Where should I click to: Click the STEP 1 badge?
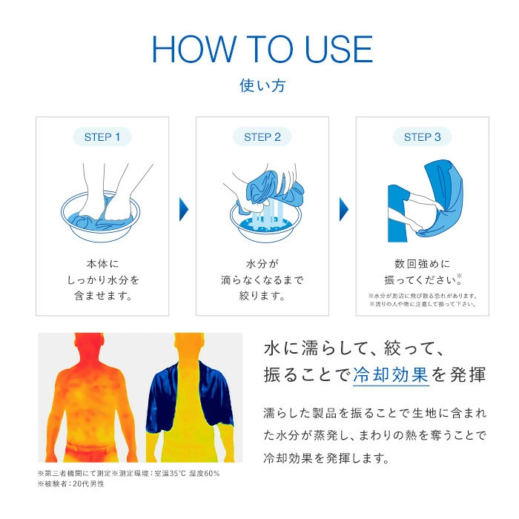pyautogui.click(x=102, y=136)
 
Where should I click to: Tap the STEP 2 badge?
pyautogui.click(x=262, y=136)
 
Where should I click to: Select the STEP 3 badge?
pyautogui.click(x=423, y=136)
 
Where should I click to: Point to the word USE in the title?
pyautogui.click(x=339, y=50)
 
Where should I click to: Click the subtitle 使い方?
pyautogui.click(x=262, y=85)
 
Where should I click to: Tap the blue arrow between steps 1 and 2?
pyautogui.click(x=184, y=210)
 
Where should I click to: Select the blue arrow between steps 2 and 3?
pyautogui.click(x=344, y=210)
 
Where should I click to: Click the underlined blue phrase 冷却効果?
pyautogui.click(x=391, y=375)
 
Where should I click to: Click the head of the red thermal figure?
pyautogui.click(x=90, y=344)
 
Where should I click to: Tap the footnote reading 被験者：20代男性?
pyautogui.click(x=71, y=484)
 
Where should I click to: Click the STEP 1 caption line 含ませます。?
pyautogui.click(x=103, y=296)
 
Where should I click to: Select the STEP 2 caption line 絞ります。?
pyautogui.click(x=262, y=296)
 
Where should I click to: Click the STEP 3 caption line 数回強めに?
pyautogui.click(x=423, y=264)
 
